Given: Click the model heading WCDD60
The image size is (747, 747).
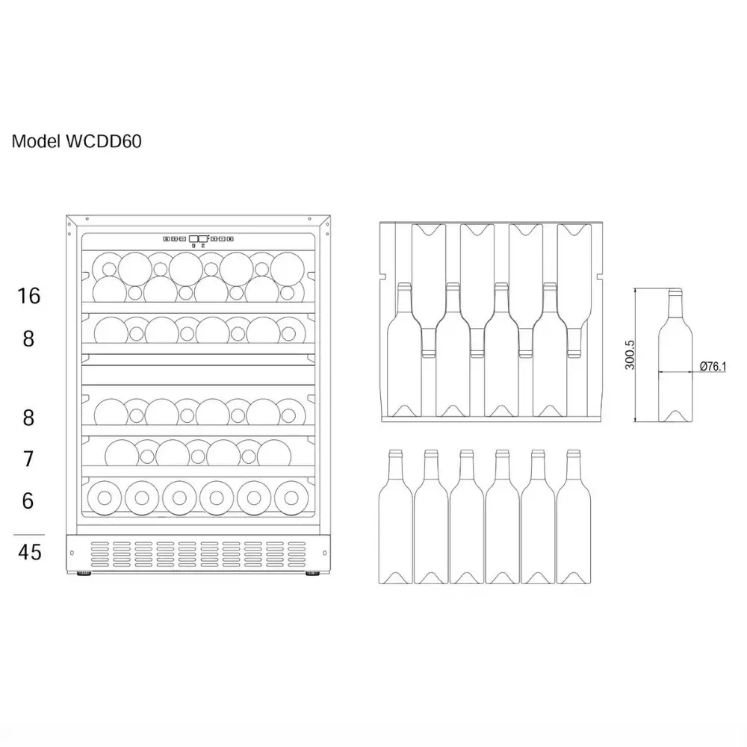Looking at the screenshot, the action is pyautogui.click(x=104, y=141).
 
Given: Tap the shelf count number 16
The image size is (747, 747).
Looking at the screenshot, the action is pyautogui.click(x=29, y=296).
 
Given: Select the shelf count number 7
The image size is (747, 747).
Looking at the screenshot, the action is pyautogui.click(x=28, y=459).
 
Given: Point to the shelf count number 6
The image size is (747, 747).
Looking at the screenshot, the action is pyautogui.click(x=28, y=500).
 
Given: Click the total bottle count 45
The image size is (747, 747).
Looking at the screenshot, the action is pyautogui.click(x=30, y=552).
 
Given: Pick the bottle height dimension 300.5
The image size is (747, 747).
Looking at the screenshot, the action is pyautogui.click(x=630, y=355).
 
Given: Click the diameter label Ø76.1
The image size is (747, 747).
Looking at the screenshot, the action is pyautogui.click(x=713, y=366).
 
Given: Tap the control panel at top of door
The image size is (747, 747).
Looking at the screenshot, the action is pyautogui.click(x=198, y=239).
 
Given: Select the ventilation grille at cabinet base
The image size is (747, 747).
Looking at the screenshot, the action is pyautogui.click(x=198, y=554).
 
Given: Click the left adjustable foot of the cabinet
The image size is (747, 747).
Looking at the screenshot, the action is pyautogui.click(x=84, y=574).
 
